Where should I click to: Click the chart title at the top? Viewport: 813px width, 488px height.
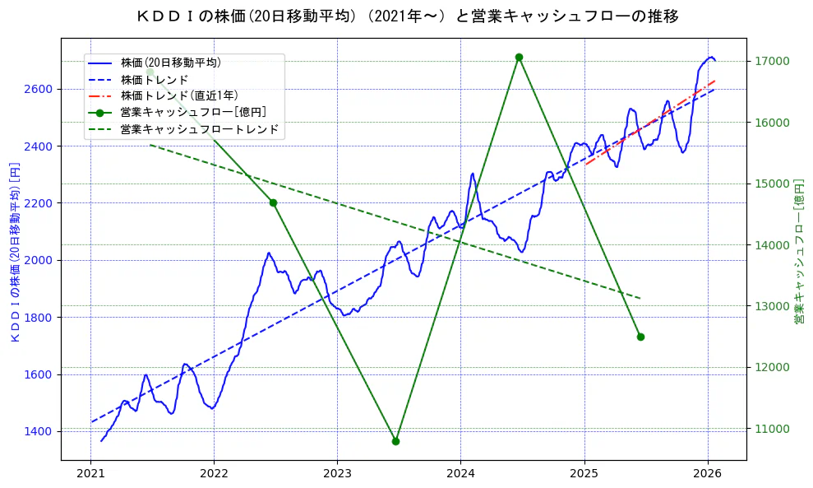[407, 16]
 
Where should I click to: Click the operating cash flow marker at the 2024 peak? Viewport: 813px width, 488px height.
[519, 57]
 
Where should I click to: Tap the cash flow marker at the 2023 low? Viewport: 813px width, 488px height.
[395, 441]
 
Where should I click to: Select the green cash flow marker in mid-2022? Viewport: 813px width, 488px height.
[273, 202]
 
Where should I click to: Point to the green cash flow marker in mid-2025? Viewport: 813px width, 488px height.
[640, 337]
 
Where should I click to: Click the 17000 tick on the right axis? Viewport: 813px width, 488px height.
[772, 62]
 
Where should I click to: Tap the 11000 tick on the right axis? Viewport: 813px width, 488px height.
[772, 429]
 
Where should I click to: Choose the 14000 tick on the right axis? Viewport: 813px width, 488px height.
[772, 245]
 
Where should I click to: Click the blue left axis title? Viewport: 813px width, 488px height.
[14, 253]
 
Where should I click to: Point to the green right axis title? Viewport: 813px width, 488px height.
[799, 253]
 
